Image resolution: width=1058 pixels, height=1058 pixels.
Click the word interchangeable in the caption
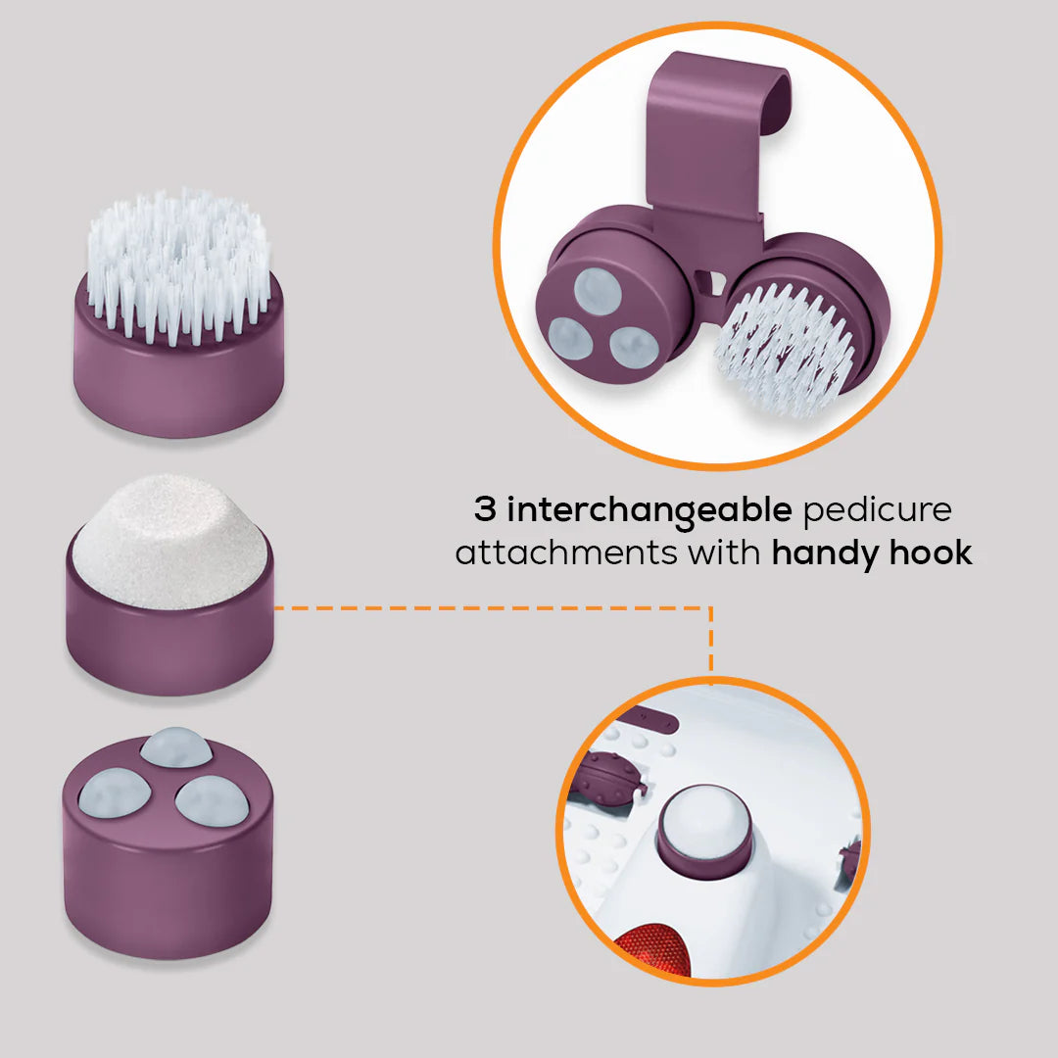coord(649,510)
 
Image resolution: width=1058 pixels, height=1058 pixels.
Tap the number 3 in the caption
coord(485,508)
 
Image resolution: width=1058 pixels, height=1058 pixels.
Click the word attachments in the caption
coord(565,553)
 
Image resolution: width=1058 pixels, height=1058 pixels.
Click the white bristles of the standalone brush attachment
coord(178,265)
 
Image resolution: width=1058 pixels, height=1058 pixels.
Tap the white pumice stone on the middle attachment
coord(170,540)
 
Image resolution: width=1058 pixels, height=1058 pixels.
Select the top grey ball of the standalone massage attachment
coord(176,746)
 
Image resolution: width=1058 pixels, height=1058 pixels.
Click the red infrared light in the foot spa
coord(653,950)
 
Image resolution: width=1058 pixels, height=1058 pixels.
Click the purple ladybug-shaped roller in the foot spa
coord(606,780)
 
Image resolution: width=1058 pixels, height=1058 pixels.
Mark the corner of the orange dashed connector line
coord(711,608)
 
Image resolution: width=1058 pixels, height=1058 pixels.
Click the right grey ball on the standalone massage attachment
coord(212,801)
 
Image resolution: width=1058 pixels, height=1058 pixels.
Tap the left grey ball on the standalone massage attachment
coord(114,793)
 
